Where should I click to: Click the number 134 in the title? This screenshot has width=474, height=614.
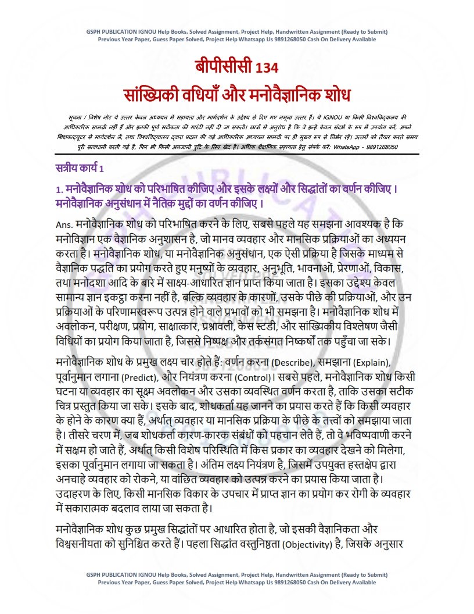265,67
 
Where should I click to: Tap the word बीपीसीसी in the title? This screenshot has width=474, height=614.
222,67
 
